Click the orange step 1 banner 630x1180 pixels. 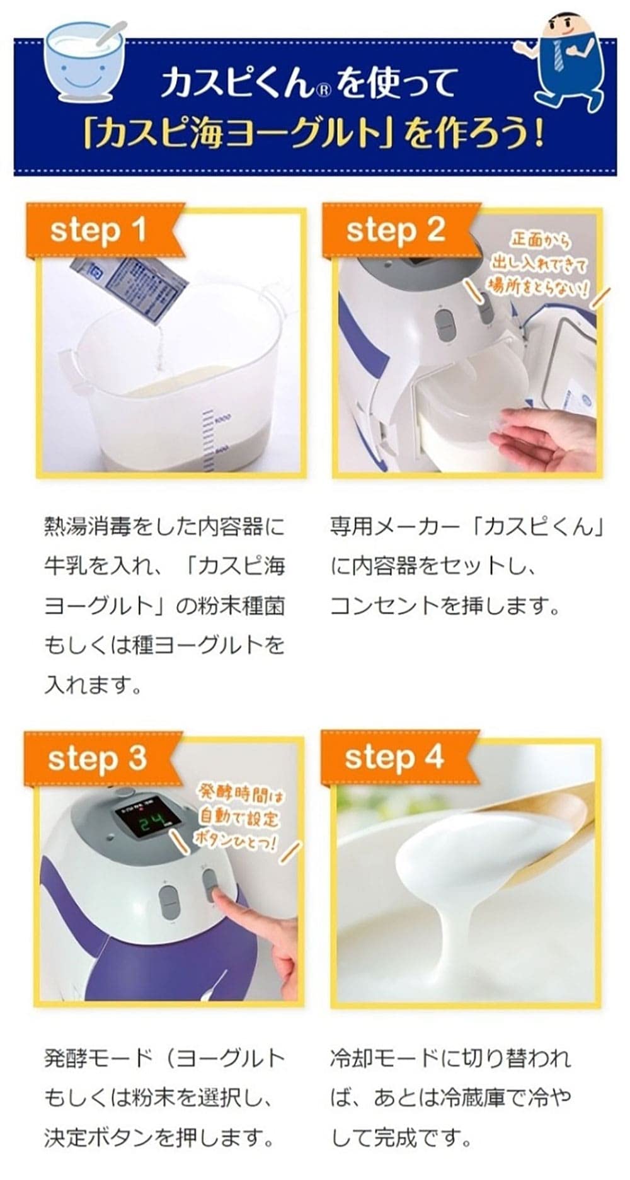click(x=101, y=231)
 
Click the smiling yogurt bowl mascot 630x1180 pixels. click(x=82, y=60)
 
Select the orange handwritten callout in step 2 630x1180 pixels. click(x=539, y=265)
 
